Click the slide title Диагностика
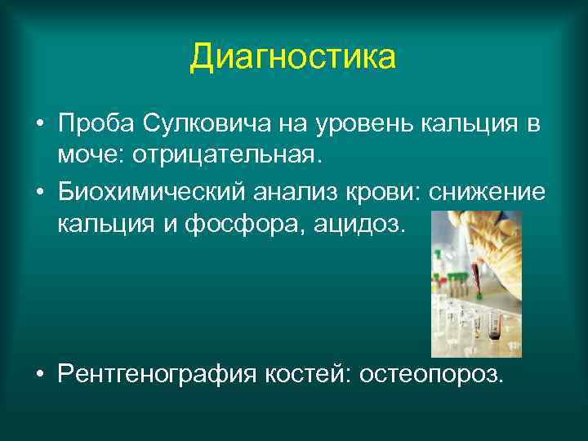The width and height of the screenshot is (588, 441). (x=293, y=58)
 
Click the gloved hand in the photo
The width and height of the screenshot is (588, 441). (x=490, y=237)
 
